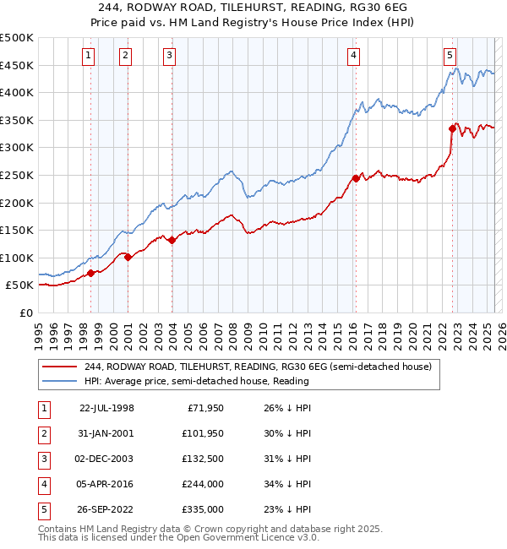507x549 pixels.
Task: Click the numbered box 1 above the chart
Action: tap(90, 56)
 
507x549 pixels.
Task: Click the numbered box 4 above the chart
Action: tap(353, 56)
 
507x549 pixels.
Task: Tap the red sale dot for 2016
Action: tap(356, 178)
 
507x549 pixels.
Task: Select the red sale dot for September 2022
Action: tap(452, 129)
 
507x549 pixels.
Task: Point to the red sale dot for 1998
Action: tap(90, 273)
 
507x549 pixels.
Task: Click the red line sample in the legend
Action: tap(60, 367)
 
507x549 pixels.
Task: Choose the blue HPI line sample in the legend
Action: tap(60, 381)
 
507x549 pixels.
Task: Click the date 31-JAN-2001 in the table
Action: tap(106, 433)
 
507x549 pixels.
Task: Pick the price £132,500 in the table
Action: tap(204, 459)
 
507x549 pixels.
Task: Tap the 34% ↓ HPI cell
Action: tap(286, 484)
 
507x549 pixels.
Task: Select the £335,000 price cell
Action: tap(204, 509)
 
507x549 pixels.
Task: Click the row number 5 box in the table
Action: tap(43, 509)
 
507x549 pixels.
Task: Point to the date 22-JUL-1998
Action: tap(106, 408)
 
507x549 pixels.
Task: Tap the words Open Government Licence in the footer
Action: tap(228, 538)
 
